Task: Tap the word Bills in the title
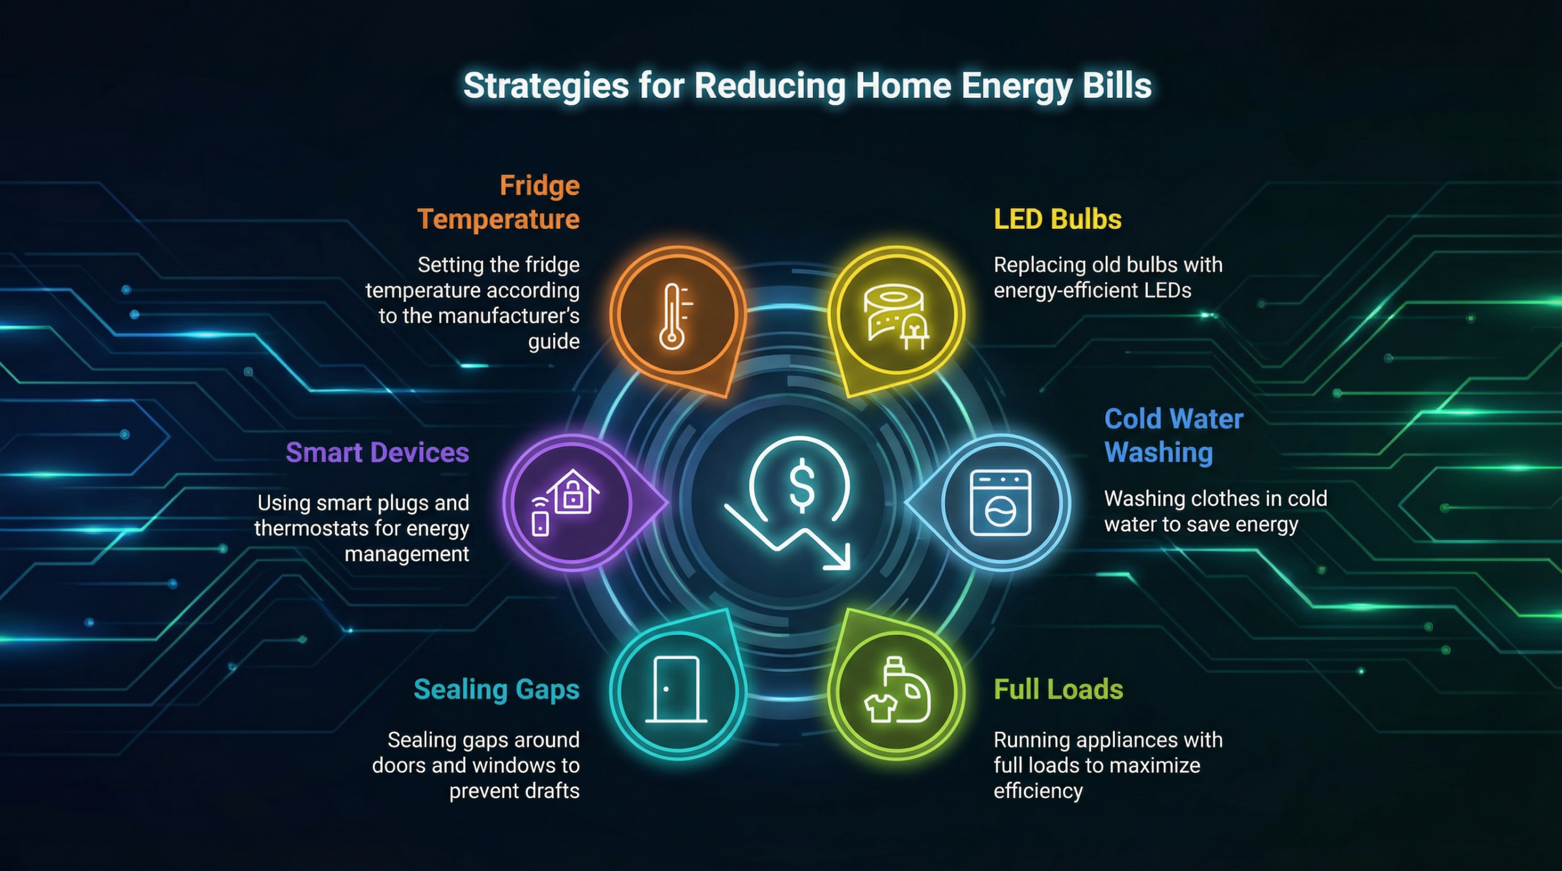1117,86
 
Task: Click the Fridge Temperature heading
499,202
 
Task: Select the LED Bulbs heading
1058,219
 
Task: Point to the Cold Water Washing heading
1173,435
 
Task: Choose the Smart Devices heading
377,453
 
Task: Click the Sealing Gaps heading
497,690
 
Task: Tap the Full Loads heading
1058,690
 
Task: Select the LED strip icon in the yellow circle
896,316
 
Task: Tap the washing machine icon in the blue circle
1000,502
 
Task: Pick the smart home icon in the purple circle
565,502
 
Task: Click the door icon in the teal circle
676,690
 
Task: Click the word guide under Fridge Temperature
553,342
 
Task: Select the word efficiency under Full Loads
1038,791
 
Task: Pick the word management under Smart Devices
407,554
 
